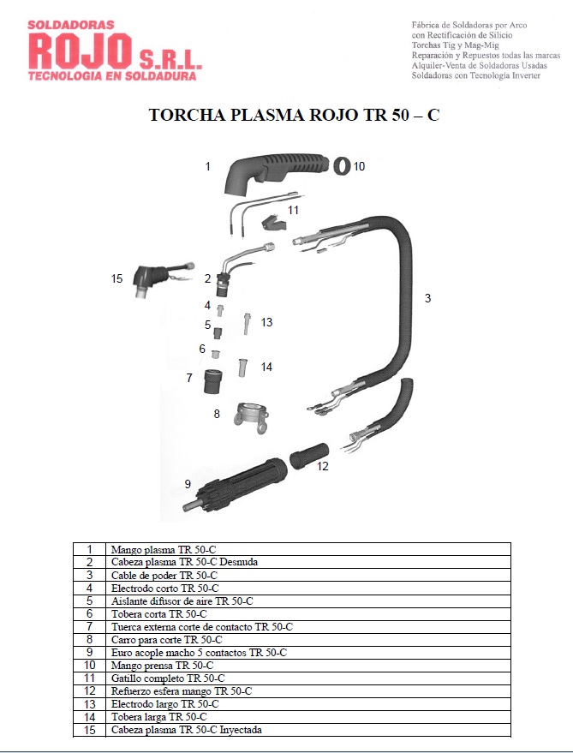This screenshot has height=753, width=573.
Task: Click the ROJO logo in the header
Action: [x=81, y=51]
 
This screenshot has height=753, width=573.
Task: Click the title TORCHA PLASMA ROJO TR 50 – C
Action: [x=294, y=115]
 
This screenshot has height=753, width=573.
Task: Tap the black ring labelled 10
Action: [x=342, y=164]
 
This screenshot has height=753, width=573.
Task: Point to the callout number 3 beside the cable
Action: [x=427, y=298]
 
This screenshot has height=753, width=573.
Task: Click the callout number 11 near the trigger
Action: [x=293, y=209]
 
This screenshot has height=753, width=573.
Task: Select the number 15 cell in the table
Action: [x=88, y=729]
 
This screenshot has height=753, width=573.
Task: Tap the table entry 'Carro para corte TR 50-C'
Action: [x=166, y=639]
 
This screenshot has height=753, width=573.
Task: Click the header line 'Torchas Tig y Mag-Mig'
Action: [x=455, y=45]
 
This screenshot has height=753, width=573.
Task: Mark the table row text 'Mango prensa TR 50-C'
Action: [x=161, y=665]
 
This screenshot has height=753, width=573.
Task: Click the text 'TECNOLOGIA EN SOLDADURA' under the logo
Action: [x=111, y=75]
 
